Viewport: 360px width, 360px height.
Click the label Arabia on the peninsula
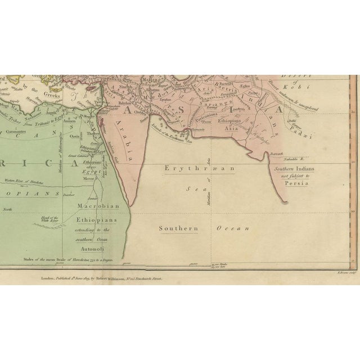pos(122,137)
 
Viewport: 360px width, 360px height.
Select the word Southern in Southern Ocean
pos(177,229)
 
